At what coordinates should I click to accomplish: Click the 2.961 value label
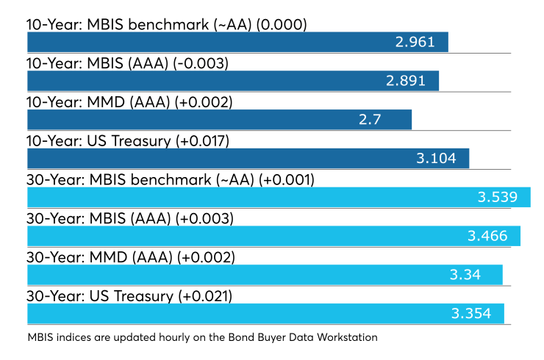coord(420,43)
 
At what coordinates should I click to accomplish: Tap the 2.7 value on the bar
coord(390,120)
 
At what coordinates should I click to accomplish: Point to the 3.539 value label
coord(503,197)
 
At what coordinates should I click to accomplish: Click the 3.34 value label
coord(466,275)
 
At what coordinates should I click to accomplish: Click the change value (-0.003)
coord(202,63)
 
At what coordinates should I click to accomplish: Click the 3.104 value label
coord(441,159)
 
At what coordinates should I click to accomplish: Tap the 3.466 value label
coord(493,236)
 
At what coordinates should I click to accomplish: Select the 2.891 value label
coord(410,81)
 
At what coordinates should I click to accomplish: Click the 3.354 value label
coord(476,314)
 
